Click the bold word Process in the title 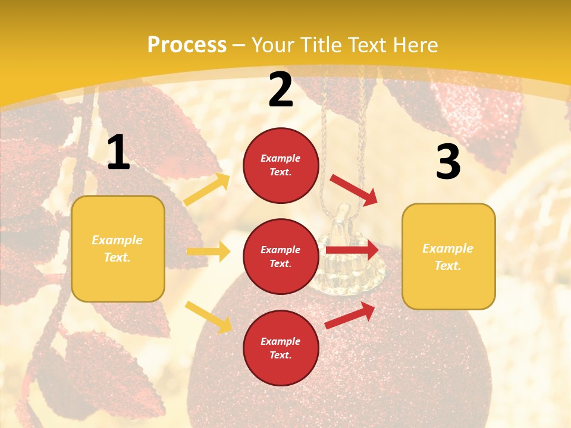coord(187,45)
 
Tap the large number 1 coord(118,153)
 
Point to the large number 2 coord(281,90)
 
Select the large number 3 coord(448,162)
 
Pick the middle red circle coord(281,256)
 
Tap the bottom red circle coord(281,348)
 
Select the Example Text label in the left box coord(117,248)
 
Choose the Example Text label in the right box coord(448,257)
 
